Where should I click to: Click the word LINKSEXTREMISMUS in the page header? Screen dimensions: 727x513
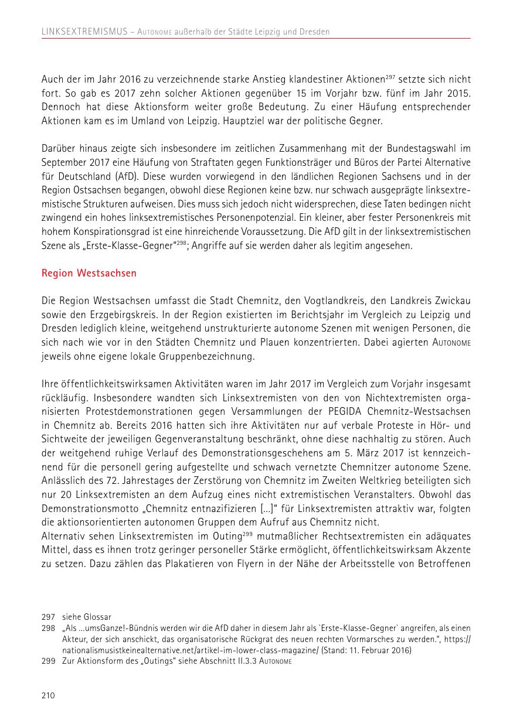pyautogui.click(x=84, y=32)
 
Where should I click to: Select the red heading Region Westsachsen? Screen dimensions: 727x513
pyautogui.click(x=89, y=273)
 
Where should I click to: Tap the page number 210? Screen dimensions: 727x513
pyautogui.click(x=48, y=695)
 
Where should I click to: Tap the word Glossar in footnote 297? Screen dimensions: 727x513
pyautogui.click(x=98, y=617)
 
